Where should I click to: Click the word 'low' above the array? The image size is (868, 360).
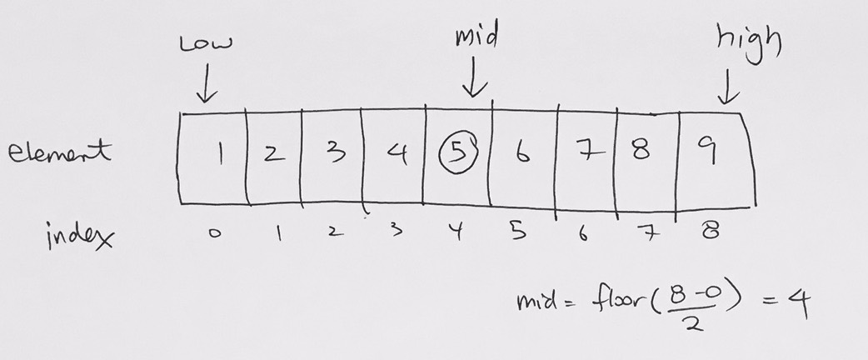point(206,44)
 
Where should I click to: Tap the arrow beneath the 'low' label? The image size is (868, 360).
point(207,82)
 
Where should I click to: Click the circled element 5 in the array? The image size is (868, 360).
point(458,152)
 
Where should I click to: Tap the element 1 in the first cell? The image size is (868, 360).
point(220,153)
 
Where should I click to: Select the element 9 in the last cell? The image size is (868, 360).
point(710,150)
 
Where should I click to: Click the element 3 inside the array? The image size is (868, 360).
point(334,151)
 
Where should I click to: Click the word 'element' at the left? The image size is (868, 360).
point(60,151)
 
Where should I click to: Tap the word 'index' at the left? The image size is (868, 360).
point(81,237)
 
